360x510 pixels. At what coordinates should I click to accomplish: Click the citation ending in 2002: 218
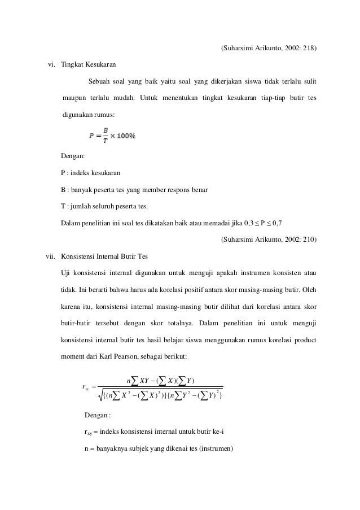[268, 49]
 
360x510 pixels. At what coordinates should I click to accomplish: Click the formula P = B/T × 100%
[112, 136]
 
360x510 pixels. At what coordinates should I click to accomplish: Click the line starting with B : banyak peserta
[134, 189]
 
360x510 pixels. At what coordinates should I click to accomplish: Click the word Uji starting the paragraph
[65, 274]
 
